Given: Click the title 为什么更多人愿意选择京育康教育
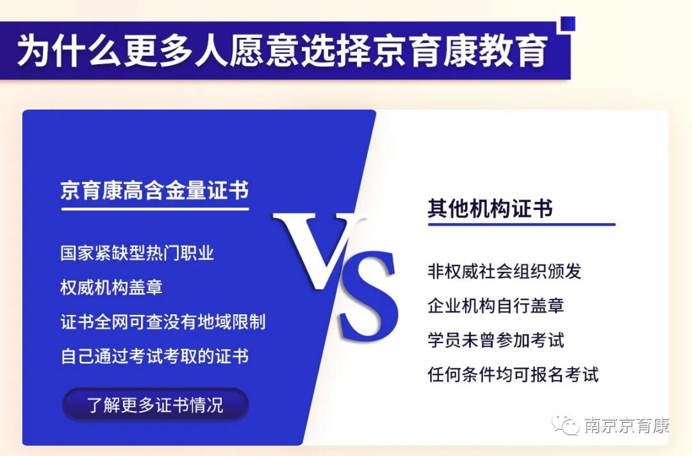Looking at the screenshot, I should [x=282, y=51].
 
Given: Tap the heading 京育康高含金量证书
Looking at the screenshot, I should [x=154, y=190].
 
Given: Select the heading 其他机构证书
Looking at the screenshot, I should [x=490, y=209].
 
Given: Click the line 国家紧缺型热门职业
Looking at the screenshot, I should [x=137, y=253].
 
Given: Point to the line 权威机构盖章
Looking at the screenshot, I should [x=111, y=287].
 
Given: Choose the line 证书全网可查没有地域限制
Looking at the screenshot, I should [x=163, y=321].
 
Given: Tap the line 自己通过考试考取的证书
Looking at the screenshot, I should [x=154, y=356].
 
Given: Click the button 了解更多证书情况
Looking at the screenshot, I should [x=155, y=405].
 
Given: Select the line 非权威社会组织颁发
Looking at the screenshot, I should [x=504, y=271].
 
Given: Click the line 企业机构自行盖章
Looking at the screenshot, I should [x=495, y=305].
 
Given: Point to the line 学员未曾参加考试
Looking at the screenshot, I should [x=495, y=340].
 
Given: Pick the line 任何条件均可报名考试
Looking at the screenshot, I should [x=513, y=374].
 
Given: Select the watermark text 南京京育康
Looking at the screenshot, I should [x=627, y=425].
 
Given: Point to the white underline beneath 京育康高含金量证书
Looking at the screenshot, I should [x=154, y=208].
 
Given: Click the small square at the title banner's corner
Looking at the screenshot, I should [x=568, y=24].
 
